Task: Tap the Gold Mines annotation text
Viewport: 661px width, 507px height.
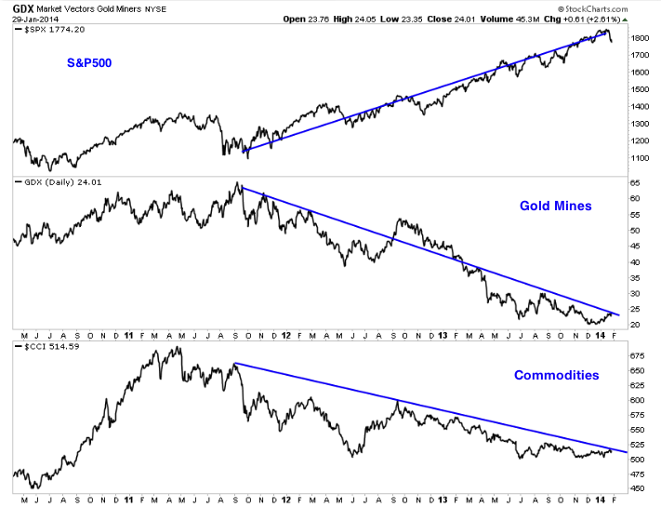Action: tap(555, 206)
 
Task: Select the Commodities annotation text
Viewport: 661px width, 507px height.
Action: tap(556, 376)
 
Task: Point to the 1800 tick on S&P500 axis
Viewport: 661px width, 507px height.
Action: tap(638, 39)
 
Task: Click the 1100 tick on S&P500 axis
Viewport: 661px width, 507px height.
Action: tap(638, 159)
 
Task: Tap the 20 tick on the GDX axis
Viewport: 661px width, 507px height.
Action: tap(634, 325)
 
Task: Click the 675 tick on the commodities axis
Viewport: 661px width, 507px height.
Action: tap(636, 355)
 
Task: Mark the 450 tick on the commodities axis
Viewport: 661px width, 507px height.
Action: tap(636, 487)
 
